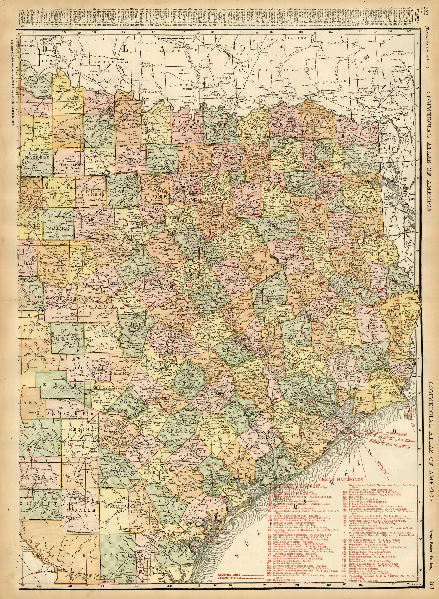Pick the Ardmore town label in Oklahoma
pos(189,89)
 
